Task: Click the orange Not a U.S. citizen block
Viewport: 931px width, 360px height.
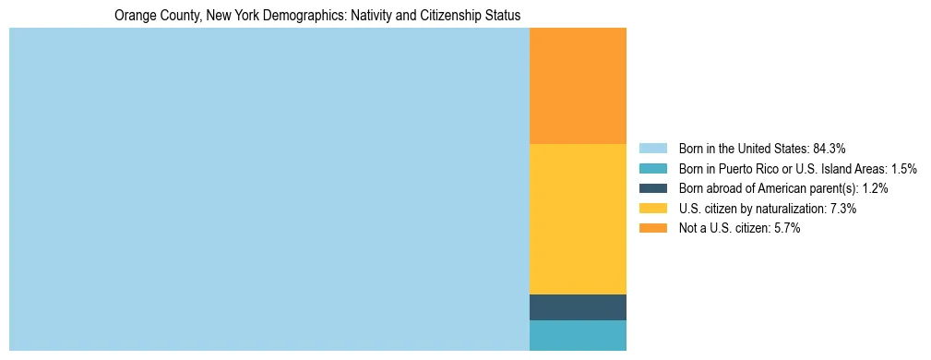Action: (578, 86)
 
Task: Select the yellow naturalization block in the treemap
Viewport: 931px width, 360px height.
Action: (578, 219)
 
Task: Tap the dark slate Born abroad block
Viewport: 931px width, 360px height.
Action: (578, 307)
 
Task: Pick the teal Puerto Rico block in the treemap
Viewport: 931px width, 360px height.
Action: (578, 335)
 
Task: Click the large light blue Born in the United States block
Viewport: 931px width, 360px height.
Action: (269, 189)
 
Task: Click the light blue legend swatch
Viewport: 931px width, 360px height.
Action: (652, 149)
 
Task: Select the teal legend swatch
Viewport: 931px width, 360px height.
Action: (652, 169)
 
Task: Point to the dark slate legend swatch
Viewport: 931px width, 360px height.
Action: (652, 188)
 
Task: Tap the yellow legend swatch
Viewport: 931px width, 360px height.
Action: (652, 209)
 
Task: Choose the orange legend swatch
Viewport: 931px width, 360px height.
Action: (652, 228)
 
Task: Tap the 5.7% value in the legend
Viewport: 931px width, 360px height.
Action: (784, 228)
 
